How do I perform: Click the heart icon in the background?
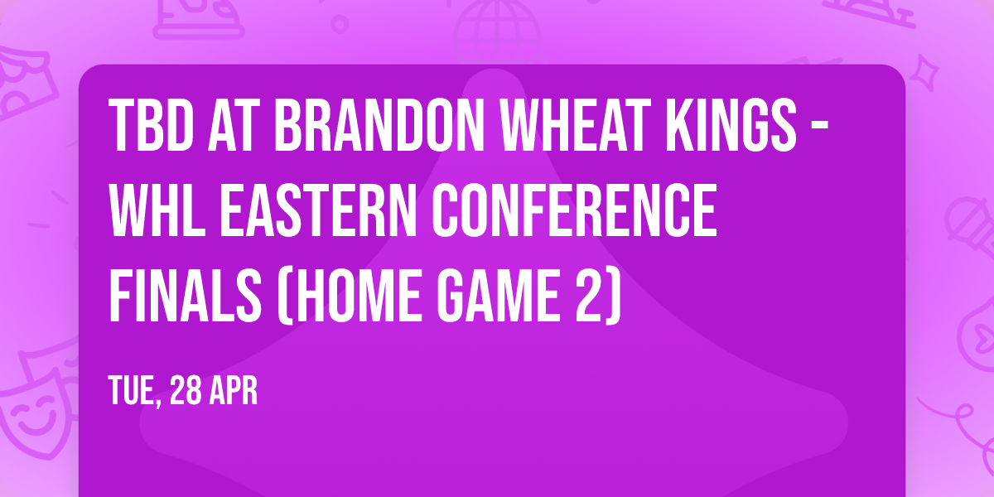pyautogui.click(x=977, y=331)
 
